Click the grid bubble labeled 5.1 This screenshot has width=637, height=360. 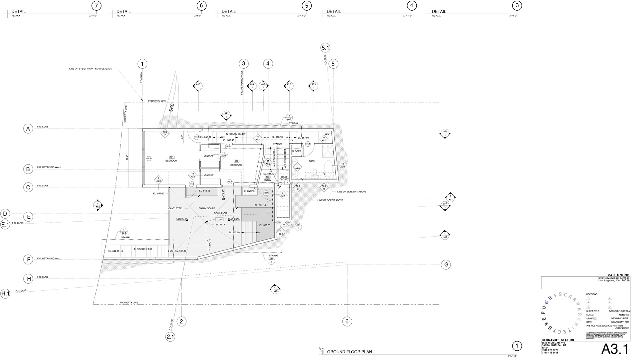click(x=325, y=48)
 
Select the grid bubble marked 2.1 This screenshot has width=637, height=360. click(x=170, y=337)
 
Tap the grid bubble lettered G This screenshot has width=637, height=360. click(x=446, y=264)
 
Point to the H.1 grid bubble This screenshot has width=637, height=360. click(x=5, y=294)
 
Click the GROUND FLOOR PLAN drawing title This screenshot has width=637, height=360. click(x=349, y=352)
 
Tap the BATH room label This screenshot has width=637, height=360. click(x=312, y=161)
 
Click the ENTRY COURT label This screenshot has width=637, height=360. click(x=207, y=208)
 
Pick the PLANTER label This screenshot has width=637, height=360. click(x=249, y=191)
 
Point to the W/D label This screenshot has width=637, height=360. click(x=327, y=134)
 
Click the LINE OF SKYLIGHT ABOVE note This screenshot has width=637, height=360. click(x=352, y=192)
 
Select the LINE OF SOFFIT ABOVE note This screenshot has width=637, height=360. click(x=330, y=200)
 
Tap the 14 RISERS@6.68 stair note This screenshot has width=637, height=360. click(x=143, y=249)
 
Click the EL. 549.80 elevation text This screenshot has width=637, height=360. click(x=114, y=251)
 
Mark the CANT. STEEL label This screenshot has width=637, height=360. click(x=176, y=208)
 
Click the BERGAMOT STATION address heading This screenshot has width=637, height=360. click(x=558, y=340)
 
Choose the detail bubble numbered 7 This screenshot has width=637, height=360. click(x=96, y=6)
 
